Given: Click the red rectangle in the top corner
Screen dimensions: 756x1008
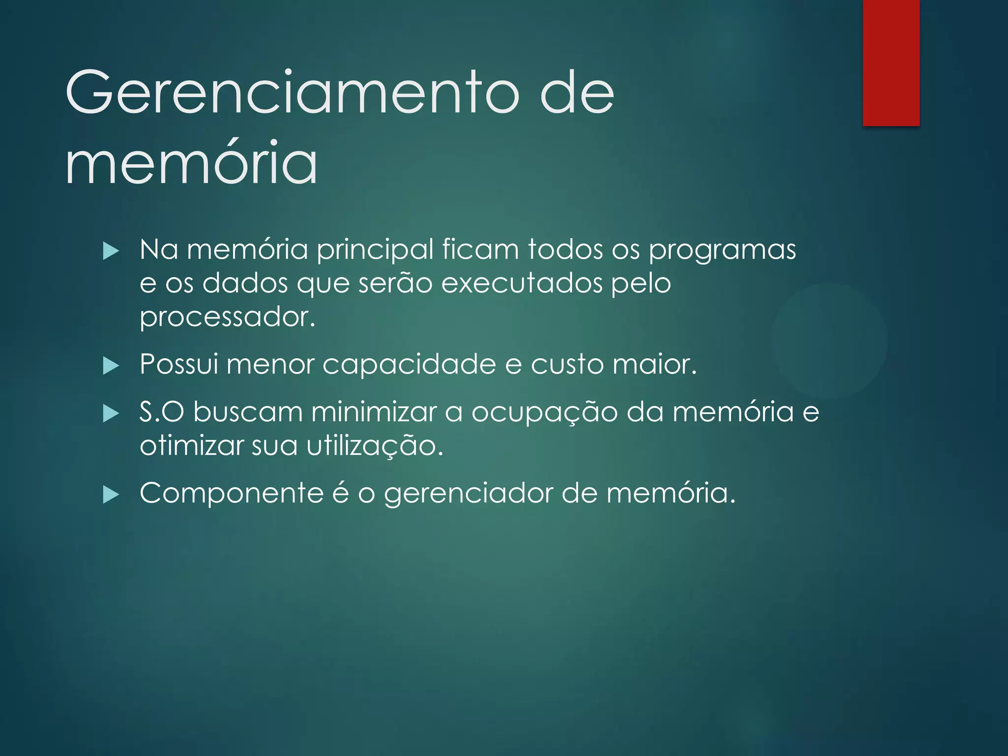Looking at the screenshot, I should click(891, 63).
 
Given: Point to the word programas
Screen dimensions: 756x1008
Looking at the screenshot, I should click(722, 250).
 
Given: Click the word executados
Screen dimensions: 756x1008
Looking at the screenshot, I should click(522, 283).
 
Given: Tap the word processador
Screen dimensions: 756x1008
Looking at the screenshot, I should click(227, 317).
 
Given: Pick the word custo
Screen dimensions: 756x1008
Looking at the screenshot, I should click(567, 365).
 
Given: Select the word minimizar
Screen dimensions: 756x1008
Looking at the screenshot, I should click(374, 411).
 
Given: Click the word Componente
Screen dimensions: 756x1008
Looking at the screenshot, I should click(231, 493).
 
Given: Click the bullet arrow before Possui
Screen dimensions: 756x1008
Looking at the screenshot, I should click(111, 366).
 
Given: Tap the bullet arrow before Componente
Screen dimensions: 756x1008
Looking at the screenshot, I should click(111, 495).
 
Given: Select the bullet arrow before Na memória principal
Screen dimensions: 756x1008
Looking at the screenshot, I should click(111, 252).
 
